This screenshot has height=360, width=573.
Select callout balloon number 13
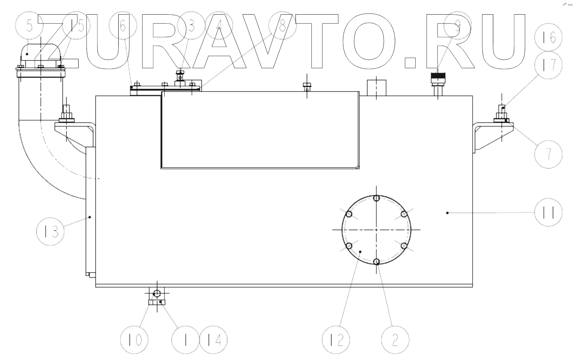(x=50, y=232)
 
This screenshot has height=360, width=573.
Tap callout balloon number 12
(x=336, y=340)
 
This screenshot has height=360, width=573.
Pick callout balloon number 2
(x=395, y=340)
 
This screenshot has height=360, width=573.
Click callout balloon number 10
(x=134, y=340)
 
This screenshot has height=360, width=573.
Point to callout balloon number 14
(x=213, y=340)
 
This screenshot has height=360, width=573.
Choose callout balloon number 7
(x=548, y=154)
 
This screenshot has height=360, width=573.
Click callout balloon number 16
(x=548, y=37)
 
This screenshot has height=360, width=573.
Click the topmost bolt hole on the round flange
(x=377, y=198)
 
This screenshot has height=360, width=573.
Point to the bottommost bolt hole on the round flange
(x=377, y=261)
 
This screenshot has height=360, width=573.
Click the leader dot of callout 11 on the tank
(x=447, y=213)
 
